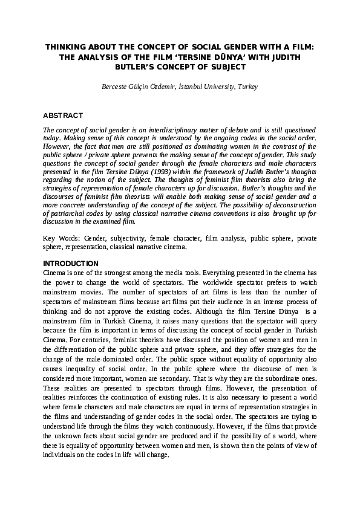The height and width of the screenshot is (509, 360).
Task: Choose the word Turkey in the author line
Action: point(248,87)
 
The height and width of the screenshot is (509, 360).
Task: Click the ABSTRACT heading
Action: point(63,115)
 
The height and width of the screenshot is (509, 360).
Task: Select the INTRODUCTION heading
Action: point(71,264)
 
